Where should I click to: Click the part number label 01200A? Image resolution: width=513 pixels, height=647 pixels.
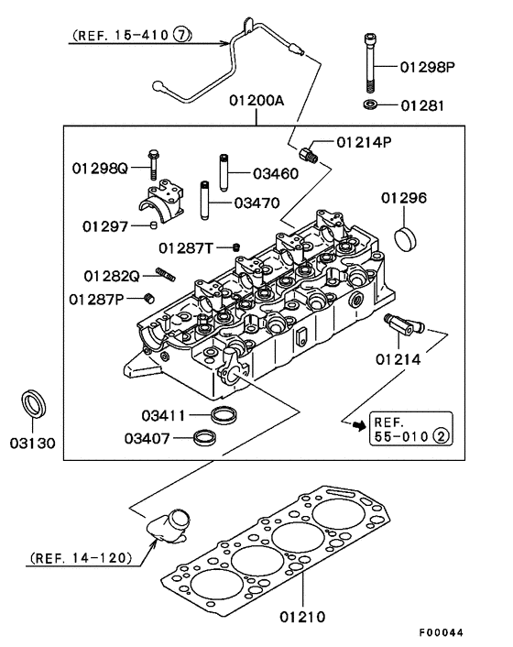[x=256, y=100]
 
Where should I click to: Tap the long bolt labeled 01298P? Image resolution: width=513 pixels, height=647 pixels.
[x=369, y=63]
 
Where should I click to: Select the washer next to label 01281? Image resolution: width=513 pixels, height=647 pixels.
[x=370, y=104]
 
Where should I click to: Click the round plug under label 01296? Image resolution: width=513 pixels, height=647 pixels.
[x=406, y=238]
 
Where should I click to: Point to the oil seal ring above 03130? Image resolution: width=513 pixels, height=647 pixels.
[x=33, y=403]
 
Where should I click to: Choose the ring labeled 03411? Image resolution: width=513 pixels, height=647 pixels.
[x=224, y=414]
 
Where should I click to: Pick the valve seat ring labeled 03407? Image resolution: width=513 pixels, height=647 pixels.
[x=205, y=437]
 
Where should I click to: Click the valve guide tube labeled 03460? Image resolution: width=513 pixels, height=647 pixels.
[x=224, y=172]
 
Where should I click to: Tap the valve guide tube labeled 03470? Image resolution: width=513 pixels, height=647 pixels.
[x=205, y=201]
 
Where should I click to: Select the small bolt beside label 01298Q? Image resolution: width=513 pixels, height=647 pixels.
[x=153, y=164]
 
